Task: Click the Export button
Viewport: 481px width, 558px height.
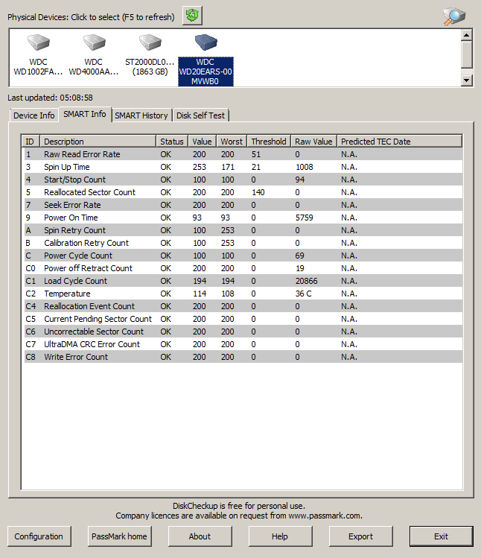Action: pyautogui.click(x=360, y=536)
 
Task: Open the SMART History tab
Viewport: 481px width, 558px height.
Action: pyautogui.click(x=141, y=115)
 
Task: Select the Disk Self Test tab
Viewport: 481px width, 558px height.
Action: pyautogui.click(x=200, y=115)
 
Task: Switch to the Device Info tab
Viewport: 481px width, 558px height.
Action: pyautogui.click(x=34, y=115)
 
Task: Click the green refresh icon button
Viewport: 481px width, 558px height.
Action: pyautogui.click(x=192, y=16)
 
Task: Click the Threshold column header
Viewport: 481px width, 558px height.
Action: pyautogui.click(x=268, y=142)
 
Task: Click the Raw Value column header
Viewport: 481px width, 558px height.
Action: pyautogui.click(x=313, y=142)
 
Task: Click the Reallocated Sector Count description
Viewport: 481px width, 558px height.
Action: pyautogui.click(x=89, y=192)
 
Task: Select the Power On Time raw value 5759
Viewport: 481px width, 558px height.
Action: pyautogui.click(x=306, y=218)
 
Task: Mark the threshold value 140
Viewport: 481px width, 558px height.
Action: pyautogui.click(x=258, y=192)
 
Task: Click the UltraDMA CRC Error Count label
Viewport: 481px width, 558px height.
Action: pyautogui.click(x=92, y=344)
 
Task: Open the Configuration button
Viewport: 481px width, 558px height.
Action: pyautogui.click(x=39, y=536)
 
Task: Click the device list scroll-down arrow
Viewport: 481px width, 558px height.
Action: pyautogui.click(x=467, y=80)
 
